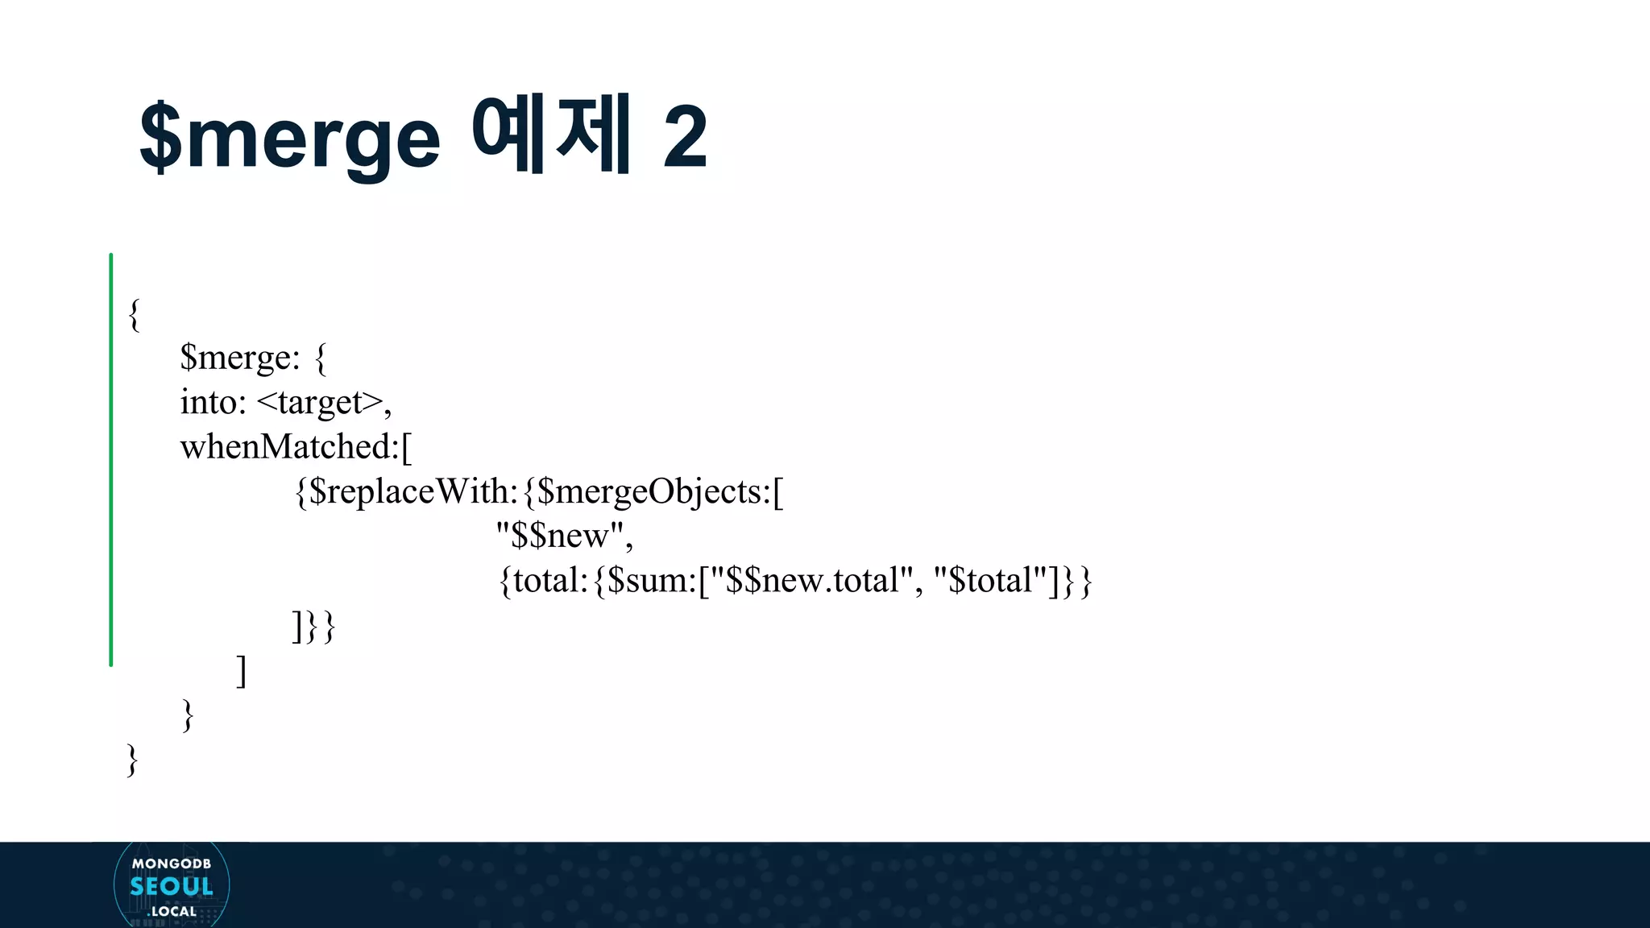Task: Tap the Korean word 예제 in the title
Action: click(x=550, y=134)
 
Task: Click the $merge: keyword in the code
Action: click(x=239, y=357)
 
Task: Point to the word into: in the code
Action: click(x=213, y=402)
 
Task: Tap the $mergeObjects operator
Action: click(x=653, y=491)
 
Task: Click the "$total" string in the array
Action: click(x=989, y=580)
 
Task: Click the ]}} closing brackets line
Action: click(x=313, y=626)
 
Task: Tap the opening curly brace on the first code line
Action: click(x=135, y=313)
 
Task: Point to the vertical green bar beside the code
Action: click(x=111, y=459)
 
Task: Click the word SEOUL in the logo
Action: click(x=172, y=886)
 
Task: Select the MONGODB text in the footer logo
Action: click(x=172, y=864)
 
